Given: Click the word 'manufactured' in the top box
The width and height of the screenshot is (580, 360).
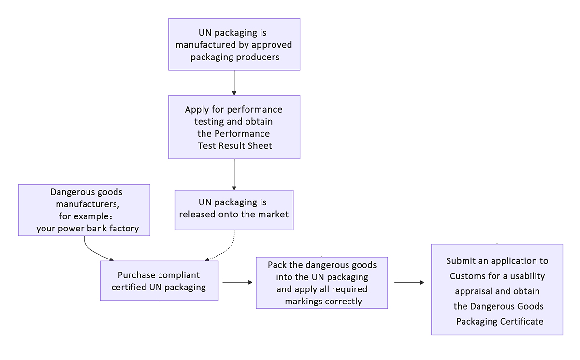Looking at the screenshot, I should click(203, 45).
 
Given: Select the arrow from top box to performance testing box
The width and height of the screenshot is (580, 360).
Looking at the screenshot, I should click(234, 83).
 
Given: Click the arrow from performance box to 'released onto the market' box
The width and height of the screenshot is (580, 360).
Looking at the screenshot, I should click(234, 174).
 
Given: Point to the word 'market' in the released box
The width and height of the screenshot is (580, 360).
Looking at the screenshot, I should click(273, 214).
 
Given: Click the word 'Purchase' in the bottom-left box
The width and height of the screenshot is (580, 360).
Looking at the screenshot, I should click(137, 275).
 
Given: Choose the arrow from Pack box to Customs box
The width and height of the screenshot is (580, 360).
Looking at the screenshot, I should click(409, 282).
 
